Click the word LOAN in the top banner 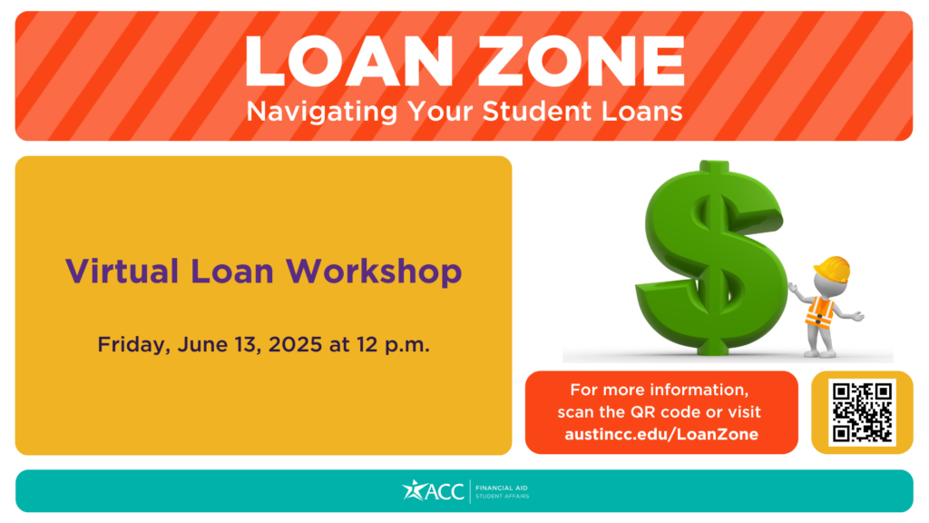[x=348, y=61]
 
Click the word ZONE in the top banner [x=582, y=61]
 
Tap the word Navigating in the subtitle [x=322, y=112]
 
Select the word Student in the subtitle [x=537, y=111]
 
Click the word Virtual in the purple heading [x=122, y=271]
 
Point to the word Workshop [x=374, y=272]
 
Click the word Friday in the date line [x=134, y=344]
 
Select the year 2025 [x=295, y=344]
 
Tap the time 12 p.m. [x=393, y=344]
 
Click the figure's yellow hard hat [x=833, y=269]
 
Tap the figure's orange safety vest [x=820, y=312]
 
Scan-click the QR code [x=862, y=413]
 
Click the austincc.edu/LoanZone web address [x=661, y=435]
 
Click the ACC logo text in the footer [x=445, y=491]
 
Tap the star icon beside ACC [x=413, y=489]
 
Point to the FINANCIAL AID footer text [x=501, y=488]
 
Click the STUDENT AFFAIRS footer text [x=503, y=497]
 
